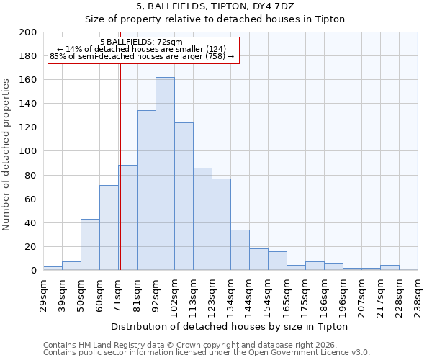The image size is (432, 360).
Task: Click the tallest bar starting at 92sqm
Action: pos(165,174)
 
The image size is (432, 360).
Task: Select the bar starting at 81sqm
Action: pos(146,190)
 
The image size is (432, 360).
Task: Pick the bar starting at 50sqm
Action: pos(90,245)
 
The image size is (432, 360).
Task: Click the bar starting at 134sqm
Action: pos(240,250)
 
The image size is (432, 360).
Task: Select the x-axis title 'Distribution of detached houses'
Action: pos(230,327)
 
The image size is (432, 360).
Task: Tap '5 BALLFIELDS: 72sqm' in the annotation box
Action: pos(142,42)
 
